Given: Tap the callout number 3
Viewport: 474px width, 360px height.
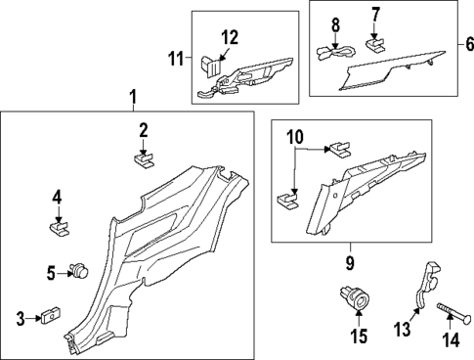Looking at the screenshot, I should [x=20, y=318].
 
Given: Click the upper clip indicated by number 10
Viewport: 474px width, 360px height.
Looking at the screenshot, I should [x=340, y=150].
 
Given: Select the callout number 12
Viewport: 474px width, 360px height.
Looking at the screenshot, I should [x=230, y=38].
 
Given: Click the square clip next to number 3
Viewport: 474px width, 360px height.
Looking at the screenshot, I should [x=49, y=317].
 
